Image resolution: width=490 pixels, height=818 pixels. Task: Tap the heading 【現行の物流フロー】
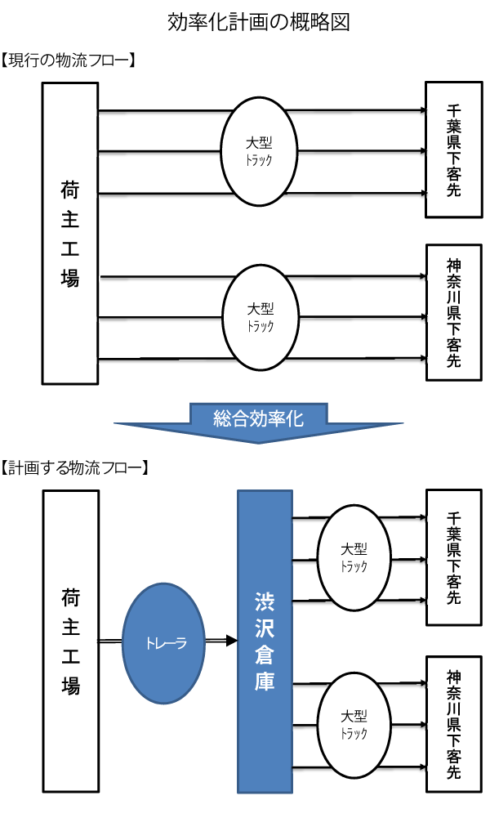(69, 60)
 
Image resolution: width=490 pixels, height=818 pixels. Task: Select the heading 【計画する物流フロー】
(74, 468)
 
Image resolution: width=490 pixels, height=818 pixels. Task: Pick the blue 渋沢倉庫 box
(265, 641)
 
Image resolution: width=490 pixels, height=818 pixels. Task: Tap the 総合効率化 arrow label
(258, 419)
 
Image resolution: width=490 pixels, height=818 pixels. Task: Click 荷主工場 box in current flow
(70, 233)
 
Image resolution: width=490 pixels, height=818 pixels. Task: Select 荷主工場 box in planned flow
(70, 641)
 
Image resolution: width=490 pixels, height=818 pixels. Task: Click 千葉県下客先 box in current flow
(454, 150)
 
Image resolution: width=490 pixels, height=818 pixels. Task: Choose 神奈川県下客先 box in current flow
(454, 313)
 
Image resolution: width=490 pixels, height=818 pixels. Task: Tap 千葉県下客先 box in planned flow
(454, 558)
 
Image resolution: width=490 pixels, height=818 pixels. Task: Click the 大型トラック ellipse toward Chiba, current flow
(259, 152)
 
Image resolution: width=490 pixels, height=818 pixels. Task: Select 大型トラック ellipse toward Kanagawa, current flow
(260, 317)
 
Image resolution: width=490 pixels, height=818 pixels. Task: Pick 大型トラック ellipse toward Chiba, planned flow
(354, 558)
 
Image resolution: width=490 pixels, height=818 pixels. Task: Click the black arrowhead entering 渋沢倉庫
(230, 642)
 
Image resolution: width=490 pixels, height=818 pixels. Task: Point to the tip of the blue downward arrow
(258, 442)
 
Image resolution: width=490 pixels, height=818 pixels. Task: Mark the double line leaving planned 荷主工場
(110, 642)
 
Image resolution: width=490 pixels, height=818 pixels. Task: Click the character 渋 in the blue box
(265, 606)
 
